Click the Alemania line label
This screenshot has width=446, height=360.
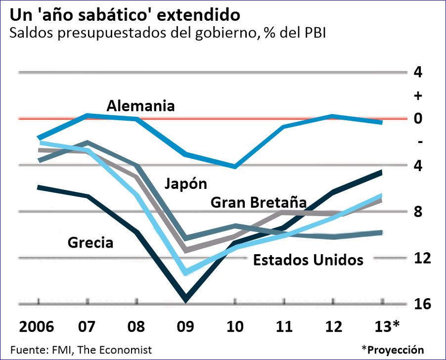click(x=141, y=106)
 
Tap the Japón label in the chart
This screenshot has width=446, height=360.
click(x=185, y=184)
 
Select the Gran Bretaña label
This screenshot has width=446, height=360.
click(x=259, y=202)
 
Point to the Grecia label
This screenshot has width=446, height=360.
click(x=90, y=243)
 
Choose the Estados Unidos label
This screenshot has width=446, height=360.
click(x=308, y=260)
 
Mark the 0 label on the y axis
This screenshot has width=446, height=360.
click(x=419, y=119)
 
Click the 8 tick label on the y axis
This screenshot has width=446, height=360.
click(x=419, y=212)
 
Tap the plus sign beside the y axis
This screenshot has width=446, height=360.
click(x=419, y=95)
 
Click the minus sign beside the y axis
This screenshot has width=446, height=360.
click(x=419, y=142)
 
